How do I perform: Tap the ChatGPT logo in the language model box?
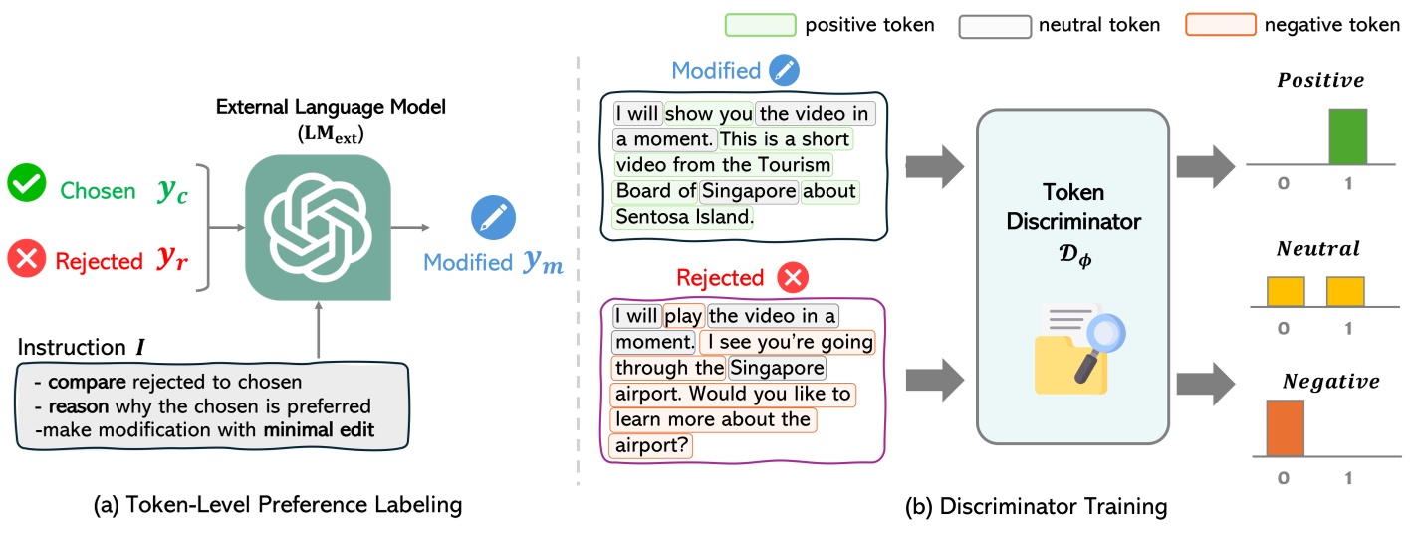pos(318,230)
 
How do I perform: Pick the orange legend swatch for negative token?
pos(1219,25)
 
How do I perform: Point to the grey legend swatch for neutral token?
pos(994,25)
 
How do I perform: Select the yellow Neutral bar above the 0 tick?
pos(1285,293)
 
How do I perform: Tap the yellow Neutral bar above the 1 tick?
pos(1345,293)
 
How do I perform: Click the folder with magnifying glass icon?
pos(1071,348)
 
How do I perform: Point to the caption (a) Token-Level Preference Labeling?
pos(277,506)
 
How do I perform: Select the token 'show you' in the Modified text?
pos(708,113)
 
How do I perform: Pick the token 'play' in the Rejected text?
pos(683,317)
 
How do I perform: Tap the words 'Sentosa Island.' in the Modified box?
pos(684,215)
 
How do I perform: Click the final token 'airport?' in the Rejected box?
pos(650,446)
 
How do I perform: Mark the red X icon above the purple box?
pos(793,277)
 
